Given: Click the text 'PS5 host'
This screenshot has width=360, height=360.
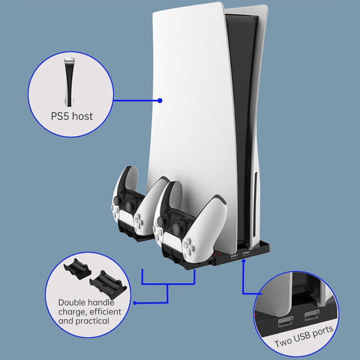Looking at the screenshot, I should tap(72, 116).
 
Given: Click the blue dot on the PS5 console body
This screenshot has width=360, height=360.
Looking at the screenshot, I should tap(160, 101).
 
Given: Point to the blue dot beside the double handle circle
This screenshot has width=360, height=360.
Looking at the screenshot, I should tap(135, 303).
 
